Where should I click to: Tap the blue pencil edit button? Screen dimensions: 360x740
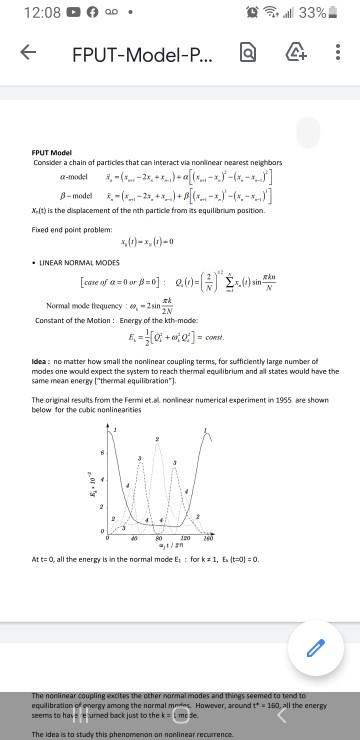pyautogui.click(x=314, y=648)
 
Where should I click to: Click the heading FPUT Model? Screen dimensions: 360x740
pyautogui.click(x=52, y=153)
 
